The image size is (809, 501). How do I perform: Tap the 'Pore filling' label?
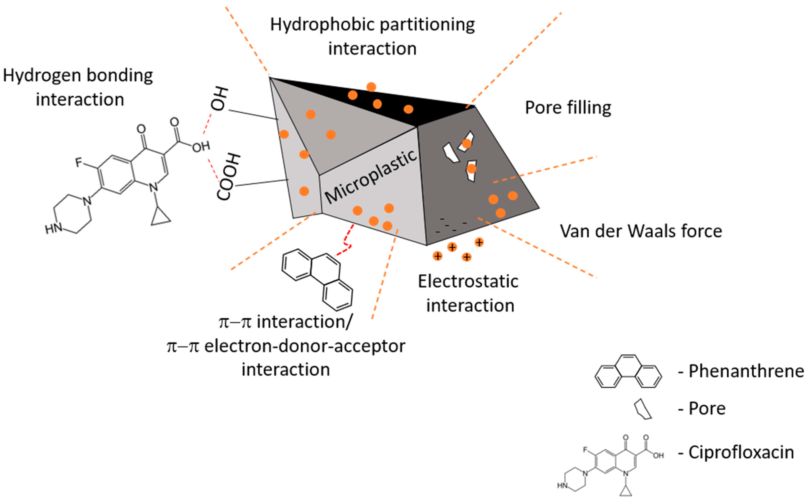tap(568, 108)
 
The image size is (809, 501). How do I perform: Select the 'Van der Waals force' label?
tap(641, 231)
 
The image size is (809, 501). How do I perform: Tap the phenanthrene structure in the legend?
tap(628, 371)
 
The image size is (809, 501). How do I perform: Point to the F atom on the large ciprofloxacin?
tap(79, 162)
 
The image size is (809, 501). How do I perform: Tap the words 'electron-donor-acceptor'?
tap(304, 347)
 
